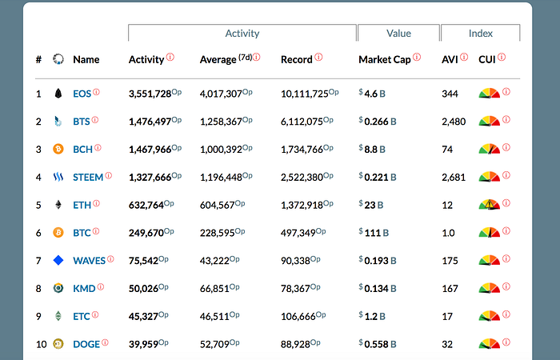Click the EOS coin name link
pyautogui.click(x=82, y=94)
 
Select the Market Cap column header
pyautogui.click(x=385, y=60)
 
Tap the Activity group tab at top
pyautogui.click(x=242, y=34)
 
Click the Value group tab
pyautogui.click(x=398, y=34)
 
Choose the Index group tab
pyautogui.click(x=481, y=34)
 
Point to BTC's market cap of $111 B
pyautogui.click(x=374, y=233)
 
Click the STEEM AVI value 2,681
pyautogui.click(x=454, y=178)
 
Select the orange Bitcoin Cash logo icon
pyautogui.click(x=58, y=149)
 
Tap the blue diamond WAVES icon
pyautogui.click(x=58, y=260)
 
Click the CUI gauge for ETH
pyautogui.click(x=490, y=205)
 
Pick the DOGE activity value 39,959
pyautogui.click(x=143, y=344)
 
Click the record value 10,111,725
pyautogui.click(x=304, y=94)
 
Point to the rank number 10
pyautogui.click(x=41, y=344)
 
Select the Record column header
pyautogui.click(x=297, y=60)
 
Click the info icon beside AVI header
pyautogui.click(x=464, y=57)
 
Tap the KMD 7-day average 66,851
pyautogui.click(x=214, y=289)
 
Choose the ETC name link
pyautogui.click(x=82, y=317)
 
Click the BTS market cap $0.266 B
pyautogui.click(x=378, y=122)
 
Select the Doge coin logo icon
pyautogui.click(x=58, y=344)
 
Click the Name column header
pyautogui.click(x=86, y=60)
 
